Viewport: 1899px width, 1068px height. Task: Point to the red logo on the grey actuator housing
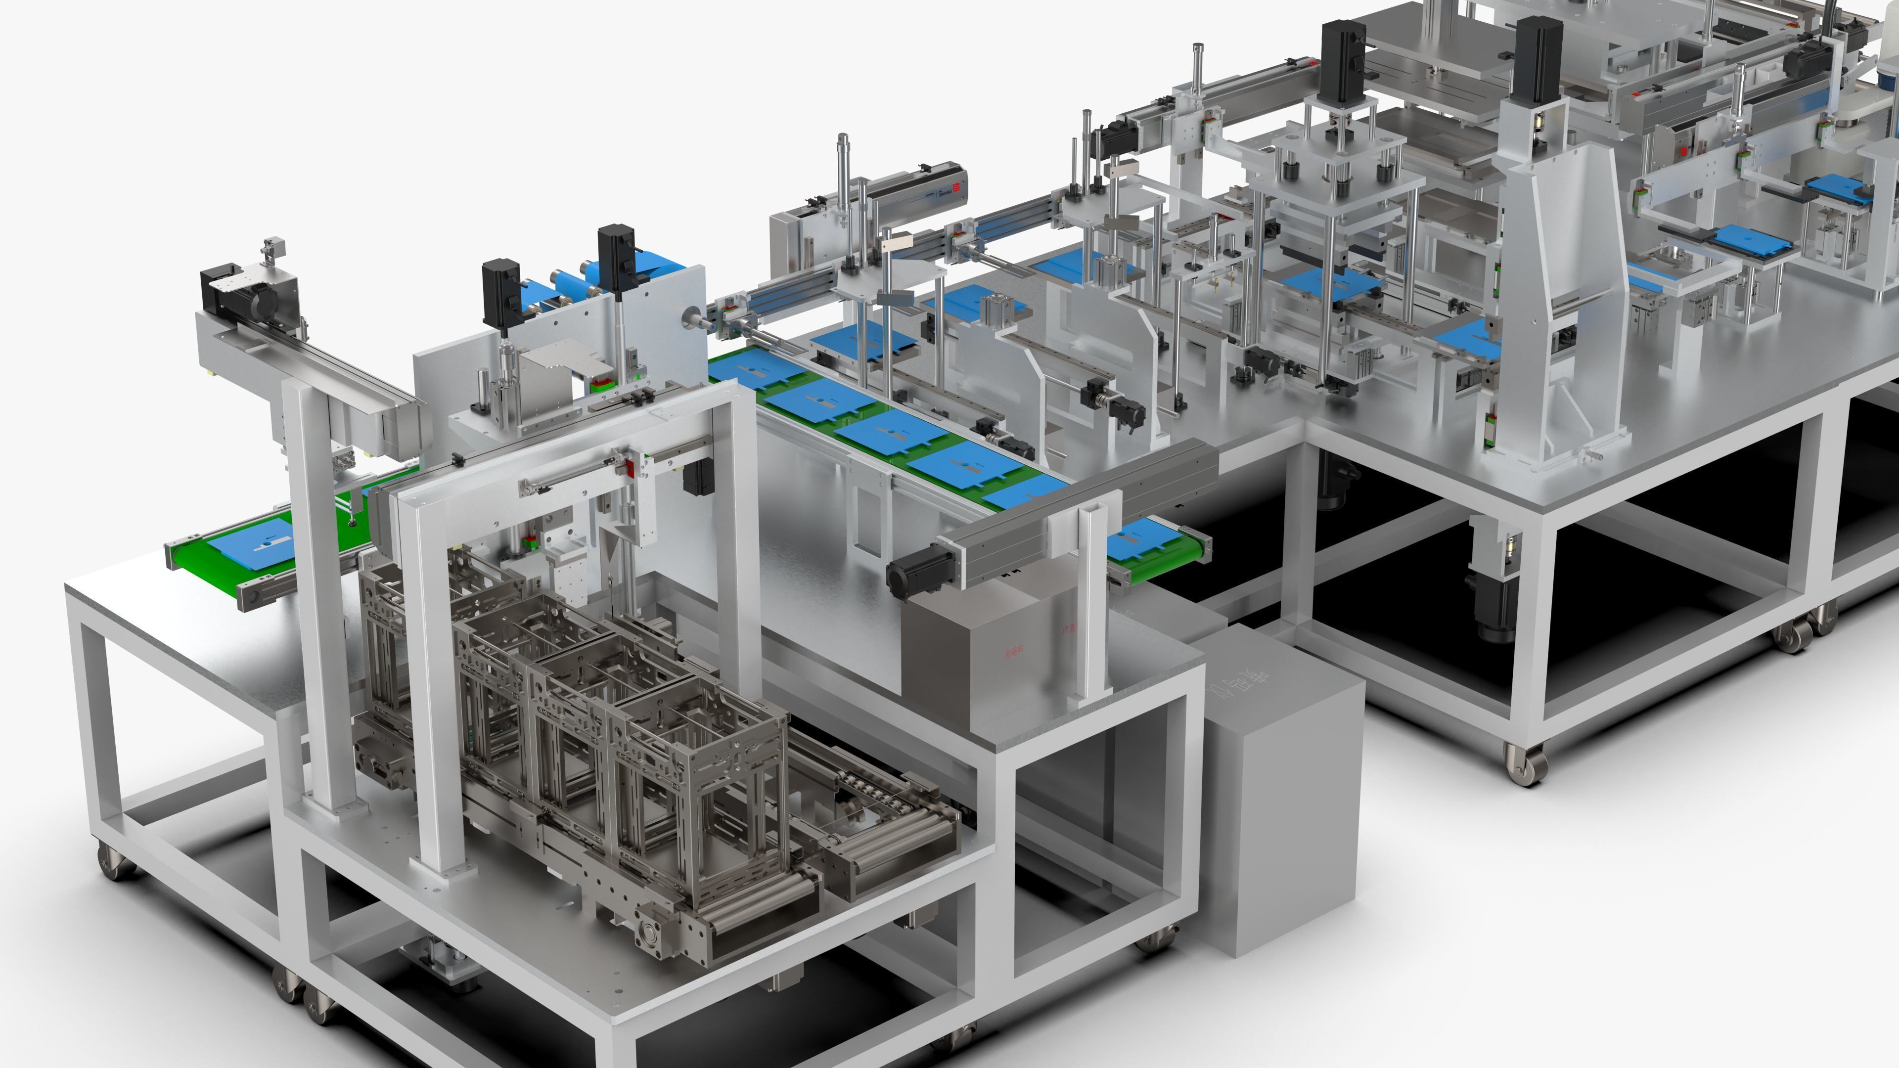[957, 187]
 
